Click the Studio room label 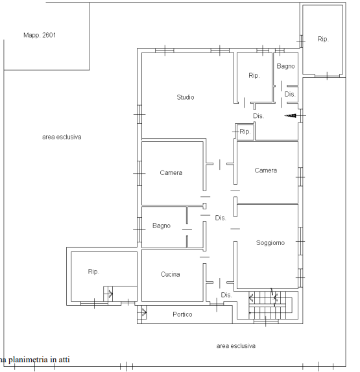186,97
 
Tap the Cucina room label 170,274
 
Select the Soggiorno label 270,242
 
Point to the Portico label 182,314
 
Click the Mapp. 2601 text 40,35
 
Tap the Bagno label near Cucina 162,226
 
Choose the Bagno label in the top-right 285,66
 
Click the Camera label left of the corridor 171,172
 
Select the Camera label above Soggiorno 265,170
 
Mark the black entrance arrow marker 290,116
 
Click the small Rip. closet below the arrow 245,132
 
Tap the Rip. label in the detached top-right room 323,39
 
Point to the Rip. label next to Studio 254,75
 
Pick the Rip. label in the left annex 93,272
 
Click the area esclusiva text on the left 62,137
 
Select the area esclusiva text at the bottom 236,346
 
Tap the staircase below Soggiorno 270,305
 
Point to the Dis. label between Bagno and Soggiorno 221,218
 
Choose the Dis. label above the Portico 226,295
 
